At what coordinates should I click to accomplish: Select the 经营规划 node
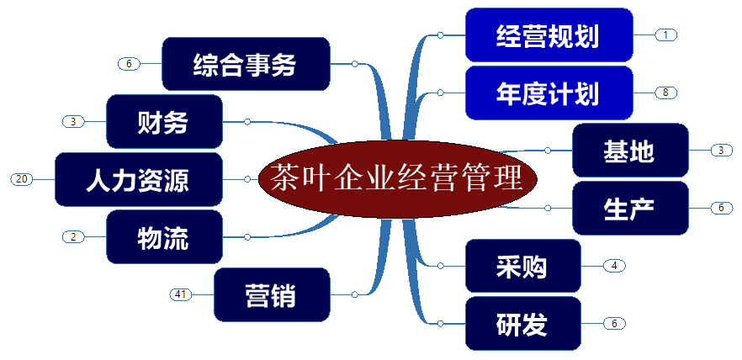(x=548, y=35)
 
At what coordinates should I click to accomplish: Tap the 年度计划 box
(x=548, y=93)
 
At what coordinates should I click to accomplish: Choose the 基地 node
(x=629, y=151)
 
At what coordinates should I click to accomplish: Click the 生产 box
(x=629, y=208)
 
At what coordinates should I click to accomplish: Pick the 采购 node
(x=522, y=266)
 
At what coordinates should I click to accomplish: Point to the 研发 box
(x=522, y=323)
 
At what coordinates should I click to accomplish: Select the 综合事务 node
(x=245, y=64)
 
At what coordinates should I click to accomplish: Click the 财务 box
(x=164, y=122)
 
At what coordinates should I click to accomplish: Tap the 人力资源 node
(x=138, y=179)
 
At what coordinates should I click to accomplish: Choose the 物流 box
(x=164, y=237)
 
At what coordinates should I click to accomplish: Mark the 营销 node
(x=272, y=294)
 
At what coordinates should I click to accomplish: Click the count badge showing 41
(x=180, y=294)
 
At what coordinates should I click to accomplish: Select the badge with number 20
(x=22, y=179)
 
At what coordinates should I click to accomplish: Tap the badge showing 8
(x=665, y=93)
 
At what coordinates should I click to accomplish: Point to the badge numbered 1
(x=665, y=35)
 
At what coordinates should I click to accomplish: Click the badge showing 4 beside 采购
(x=614, y=266)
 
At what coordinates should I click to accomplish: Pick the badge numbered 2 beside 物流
(x=73, y=237)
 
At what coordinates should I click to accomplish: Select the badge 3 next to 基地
(x=721, y=151)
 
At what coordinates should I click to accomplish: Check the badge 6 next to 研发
(x=614, y=323)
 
